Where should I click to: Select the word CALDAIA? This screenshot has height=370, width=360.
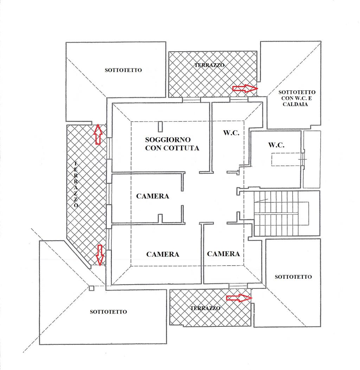297,104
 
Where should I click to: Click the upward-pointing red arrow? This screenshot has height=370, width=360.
98,134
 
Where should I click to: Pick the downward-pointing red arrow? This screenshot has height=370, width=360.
100,255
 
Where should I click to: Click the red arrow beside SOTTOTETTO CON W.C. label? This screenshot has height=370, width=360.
245,89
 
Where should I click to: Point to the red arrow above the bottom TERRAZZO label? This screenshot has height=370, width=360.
239,298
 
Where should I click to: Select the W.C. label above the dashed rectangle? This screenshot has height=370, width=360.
276,145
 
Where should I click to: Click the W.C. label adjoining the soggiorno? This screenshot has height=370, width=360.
231,133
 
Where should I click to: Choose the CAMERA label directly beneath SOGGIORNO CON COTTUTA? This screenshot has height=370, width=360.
153,196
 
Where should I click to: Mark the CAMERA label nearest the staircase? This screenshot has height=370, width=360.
223,254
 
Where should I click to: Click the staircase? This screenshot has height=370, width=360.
281,213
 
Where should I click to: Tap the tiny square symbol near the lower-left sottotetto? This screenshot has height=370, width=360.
91,288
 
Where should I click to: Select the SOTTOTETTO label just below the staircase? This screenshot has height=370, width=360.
293,277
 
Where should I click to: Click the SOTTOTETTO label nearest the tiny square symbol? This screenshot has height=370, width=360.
108,312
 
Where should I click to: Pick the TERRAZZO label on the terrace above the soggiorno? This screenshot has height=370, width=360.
209,65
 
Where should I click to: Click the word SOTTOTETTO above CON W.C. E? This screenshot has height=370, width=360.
297,92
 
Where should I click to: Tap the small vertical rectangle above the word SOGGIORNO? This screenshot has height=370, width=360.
160,126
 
